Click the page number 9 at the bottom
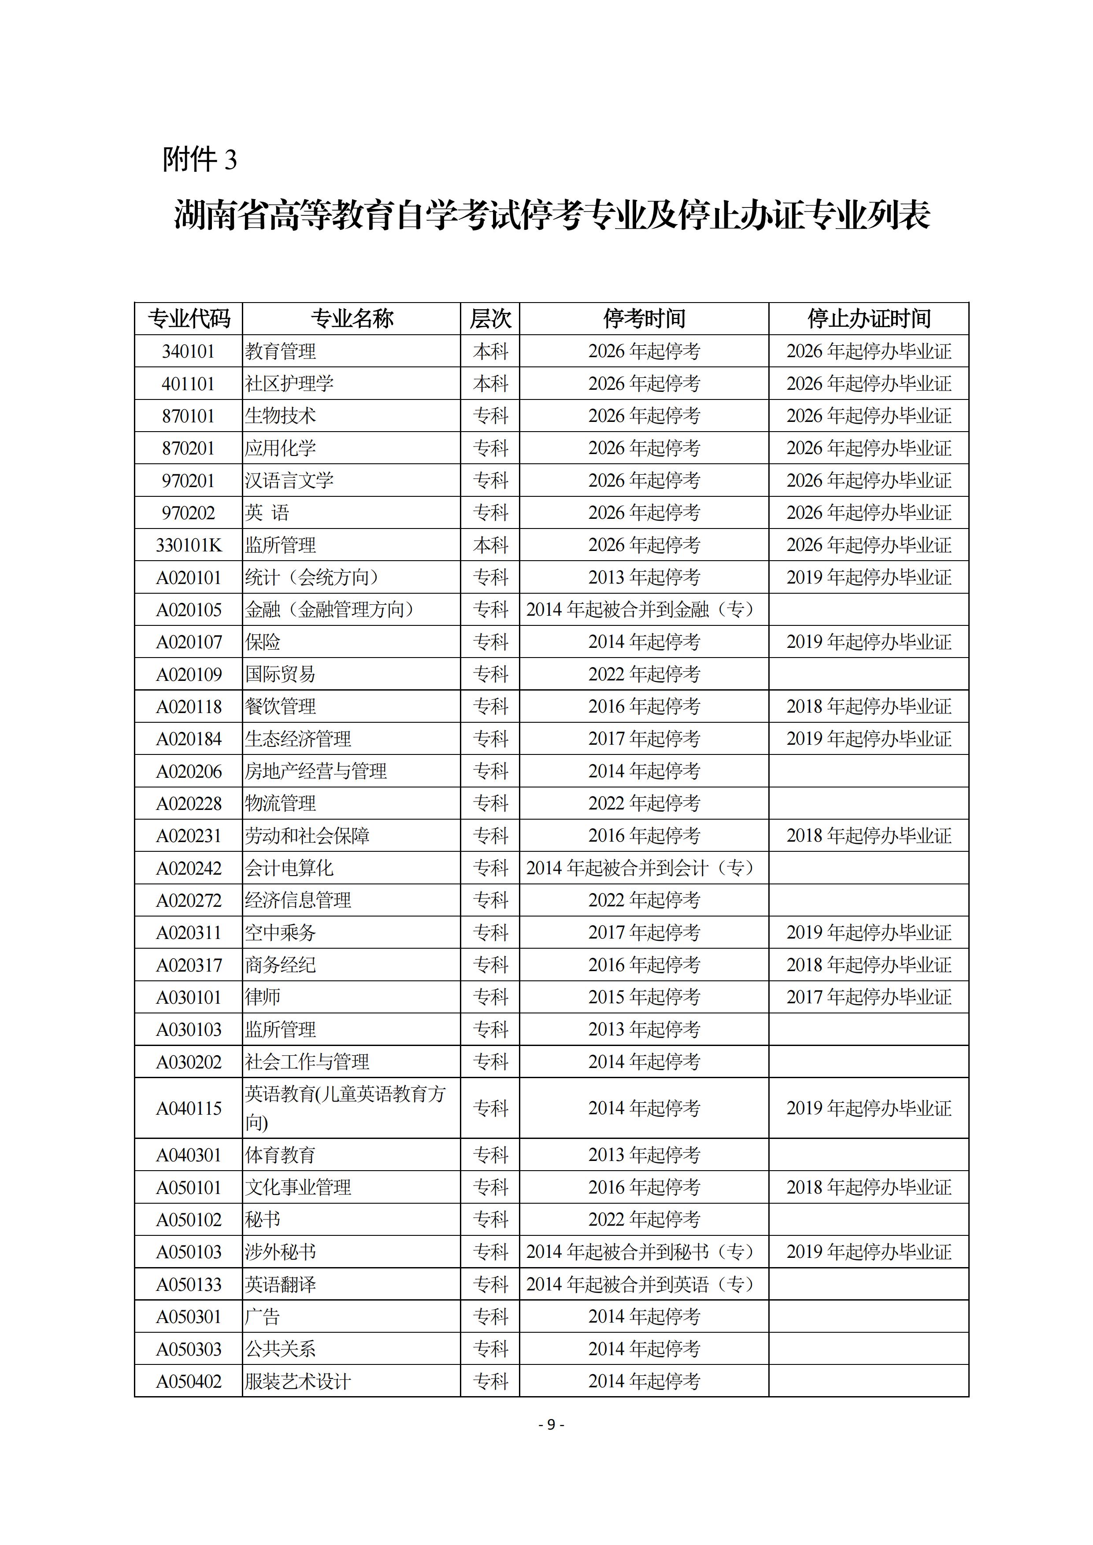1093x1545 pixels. coord(551,1425)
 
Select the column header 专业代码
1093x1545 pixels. coord(189,318)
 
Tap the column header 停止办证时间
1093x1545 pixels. coord(868,318)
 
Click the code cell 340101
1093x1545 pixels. coord(189,351)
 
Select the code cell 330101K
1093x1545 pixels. coord(189,545)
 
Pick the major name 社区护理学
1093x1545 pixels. coord(289,384)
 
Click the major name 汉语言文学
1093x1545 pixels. coord(289,481)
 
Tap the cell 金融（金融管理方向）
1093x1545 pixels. coord(330,610)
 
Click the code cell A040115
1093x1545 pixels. coord(189,1108)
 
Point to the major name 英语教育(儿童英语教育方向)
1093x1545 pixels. coord(345,1108)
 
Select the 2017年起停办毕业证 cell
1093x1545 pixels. coord(868,997)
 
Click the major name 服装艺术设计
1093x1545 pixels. coord(298,1382)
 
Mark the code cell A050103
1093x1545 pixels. coord(189,1252)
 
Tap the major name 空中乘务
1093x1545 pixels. coord(281,933)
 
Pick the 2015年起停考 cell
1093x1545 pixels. coord(644,997)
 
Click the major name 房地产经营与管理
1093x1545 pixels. coord(315,771)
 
